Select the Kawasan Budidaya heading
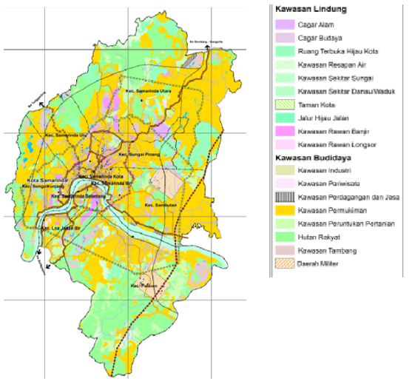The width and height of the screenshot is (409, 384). tap(311, 158)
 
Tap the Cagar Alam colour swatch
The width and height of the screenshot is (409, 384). tap(284, 25)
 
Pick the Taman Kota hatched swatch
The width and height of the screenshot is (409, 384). tap(284, 104)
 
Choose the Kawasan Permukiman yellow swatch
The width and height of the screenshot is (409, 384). tap(284, 212)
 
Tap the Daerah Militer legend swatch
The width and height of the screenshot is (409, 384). tap(284, 264)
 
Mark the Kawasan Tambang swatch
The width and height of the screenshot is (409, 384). tap(284, 251)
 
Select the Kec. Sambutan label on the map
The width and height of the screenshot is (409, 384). tap(160, 204)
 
